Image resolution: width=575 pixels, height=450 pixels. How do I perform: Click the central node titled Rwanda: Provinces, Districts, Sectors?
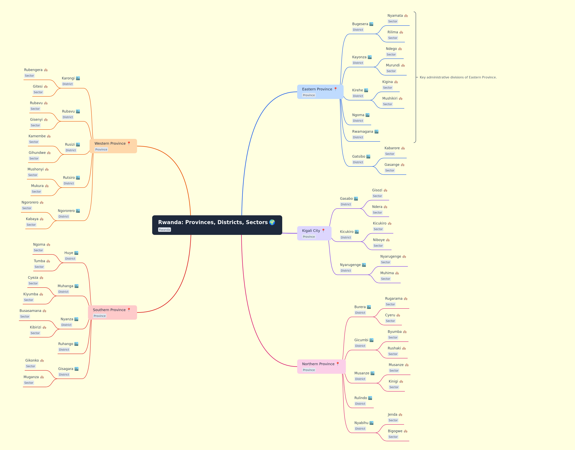click(x=217, y=225)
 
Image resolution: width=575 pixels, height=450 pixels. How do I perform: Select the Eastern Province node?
click(x=320, y=92)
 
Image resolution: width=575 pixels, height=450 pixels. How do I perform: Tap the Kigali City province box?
click(x=314, y=233)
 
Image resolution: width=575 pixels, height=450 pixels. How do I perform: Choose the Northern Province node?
click(x=321, y=366)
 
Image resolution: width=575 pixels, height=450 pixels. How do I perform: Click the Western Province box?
click(x=113, y=146)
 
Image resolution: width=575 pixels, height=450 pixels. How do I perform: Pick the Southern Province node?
click(x=112, y=313)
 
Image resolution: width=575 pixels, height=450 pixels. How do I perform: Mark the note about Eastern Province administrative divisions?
click(x=458, y=77)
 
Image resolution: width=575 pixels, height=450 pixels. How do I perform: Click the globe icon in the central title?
click(x=272, y=222)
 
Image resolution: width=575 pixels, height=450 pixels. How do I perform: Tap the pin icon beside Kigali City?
click(x=323, y=230)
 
